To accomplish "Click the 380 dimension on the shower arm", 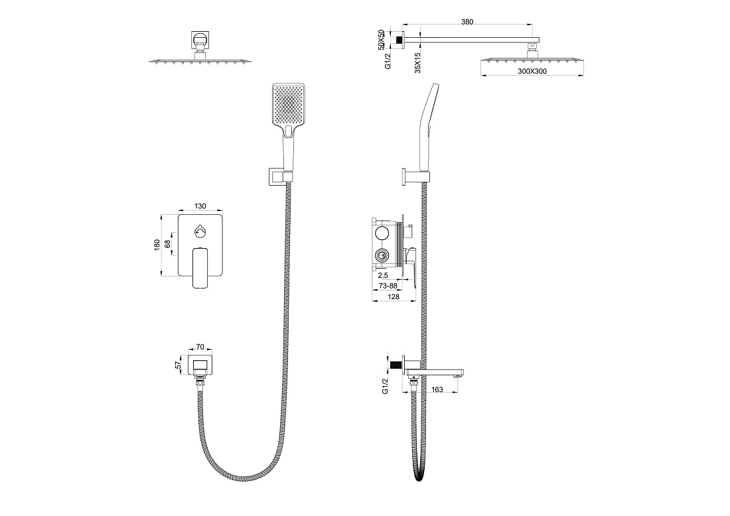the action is pos(467,22).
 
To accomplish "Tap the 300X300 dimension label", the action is pos(532,71).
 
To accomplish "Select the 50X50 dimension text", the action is pos(381,40).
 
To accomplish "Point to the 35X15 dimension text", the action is pos(417,62).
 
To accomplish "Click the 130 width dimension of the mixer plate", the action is pos(200,206).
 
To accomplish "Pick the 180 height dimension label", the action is pos(157,245).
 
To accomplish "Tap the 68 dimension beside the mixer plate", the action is pos(167,244).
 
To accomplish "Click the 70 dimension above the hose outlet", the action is pos(200,347).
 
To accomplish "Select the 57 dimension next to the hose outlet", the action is pos(178,365).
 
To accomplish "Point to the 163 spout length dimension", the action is pos(437,389).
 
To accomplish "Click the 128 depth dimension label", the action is pos(394,296).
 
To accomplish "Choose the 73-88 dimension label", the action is pos(388,285).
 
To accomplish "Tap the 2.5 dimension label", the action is pos(383,275).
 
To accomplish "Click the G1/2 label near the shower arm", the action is pos(388,60).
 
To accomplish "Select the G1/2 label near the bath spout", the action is pos(385,386).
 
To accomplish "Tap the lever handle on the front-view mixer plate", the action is pos(200,267).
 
